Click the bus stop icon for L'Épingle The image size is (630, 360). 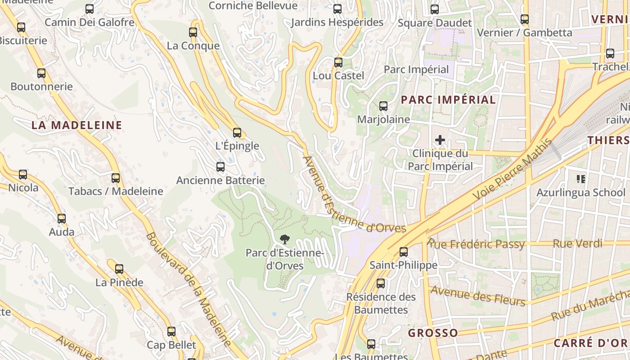[237, 133]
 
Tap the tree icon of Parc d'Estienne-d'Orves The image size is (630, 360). [284, 239]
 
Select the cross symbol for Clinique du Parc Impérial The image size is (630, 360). [440, 140]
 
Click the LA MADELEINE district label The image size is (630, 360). [77, 125]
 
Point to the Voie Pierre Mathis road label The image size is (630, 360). [513, 171]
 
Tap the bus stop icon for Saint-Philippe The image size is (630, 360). [404, 252]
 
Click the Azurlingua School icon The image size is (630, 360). [580, 179]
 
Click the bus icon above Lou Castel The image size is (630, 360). [338, 63]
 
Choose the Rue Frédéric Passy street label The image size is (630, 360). [476, 244]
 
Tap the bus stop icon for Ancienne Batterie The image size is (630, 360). [220, 167]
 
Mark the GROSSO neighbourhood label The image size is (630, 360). [433, 333]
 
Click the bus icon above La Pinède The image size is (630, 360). [119, 269]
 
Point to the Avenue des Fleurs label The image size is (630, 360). [478, 296]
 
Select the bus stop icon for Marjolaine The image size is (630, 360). [383, 106]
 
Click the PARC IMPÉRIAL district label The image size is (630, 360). [448, 100]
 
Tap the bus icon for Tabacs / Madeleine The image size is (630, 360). [116, 178]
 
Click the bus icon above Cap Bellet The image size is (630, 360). [171, 332]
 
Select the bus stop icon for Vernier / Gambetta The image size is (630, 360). [525, 19]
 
